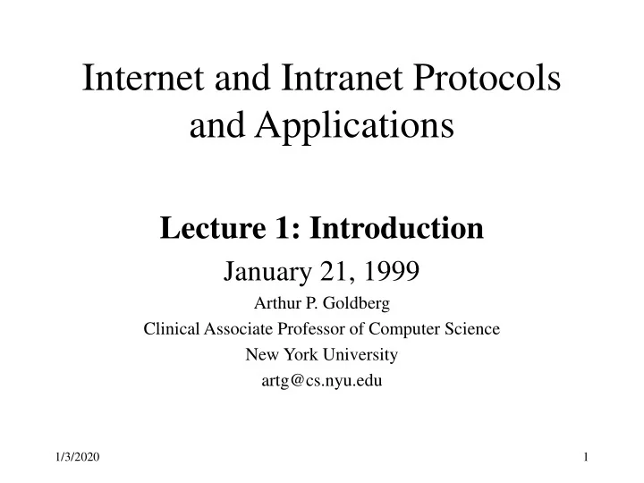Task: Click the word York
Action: pyautogui.click(x=294, y=354)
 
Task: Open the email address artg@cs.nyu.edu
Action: pyautogui.click(x=322, y=380)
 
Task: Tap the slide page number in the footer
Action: pyautogui.click(x=585, y=458)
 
